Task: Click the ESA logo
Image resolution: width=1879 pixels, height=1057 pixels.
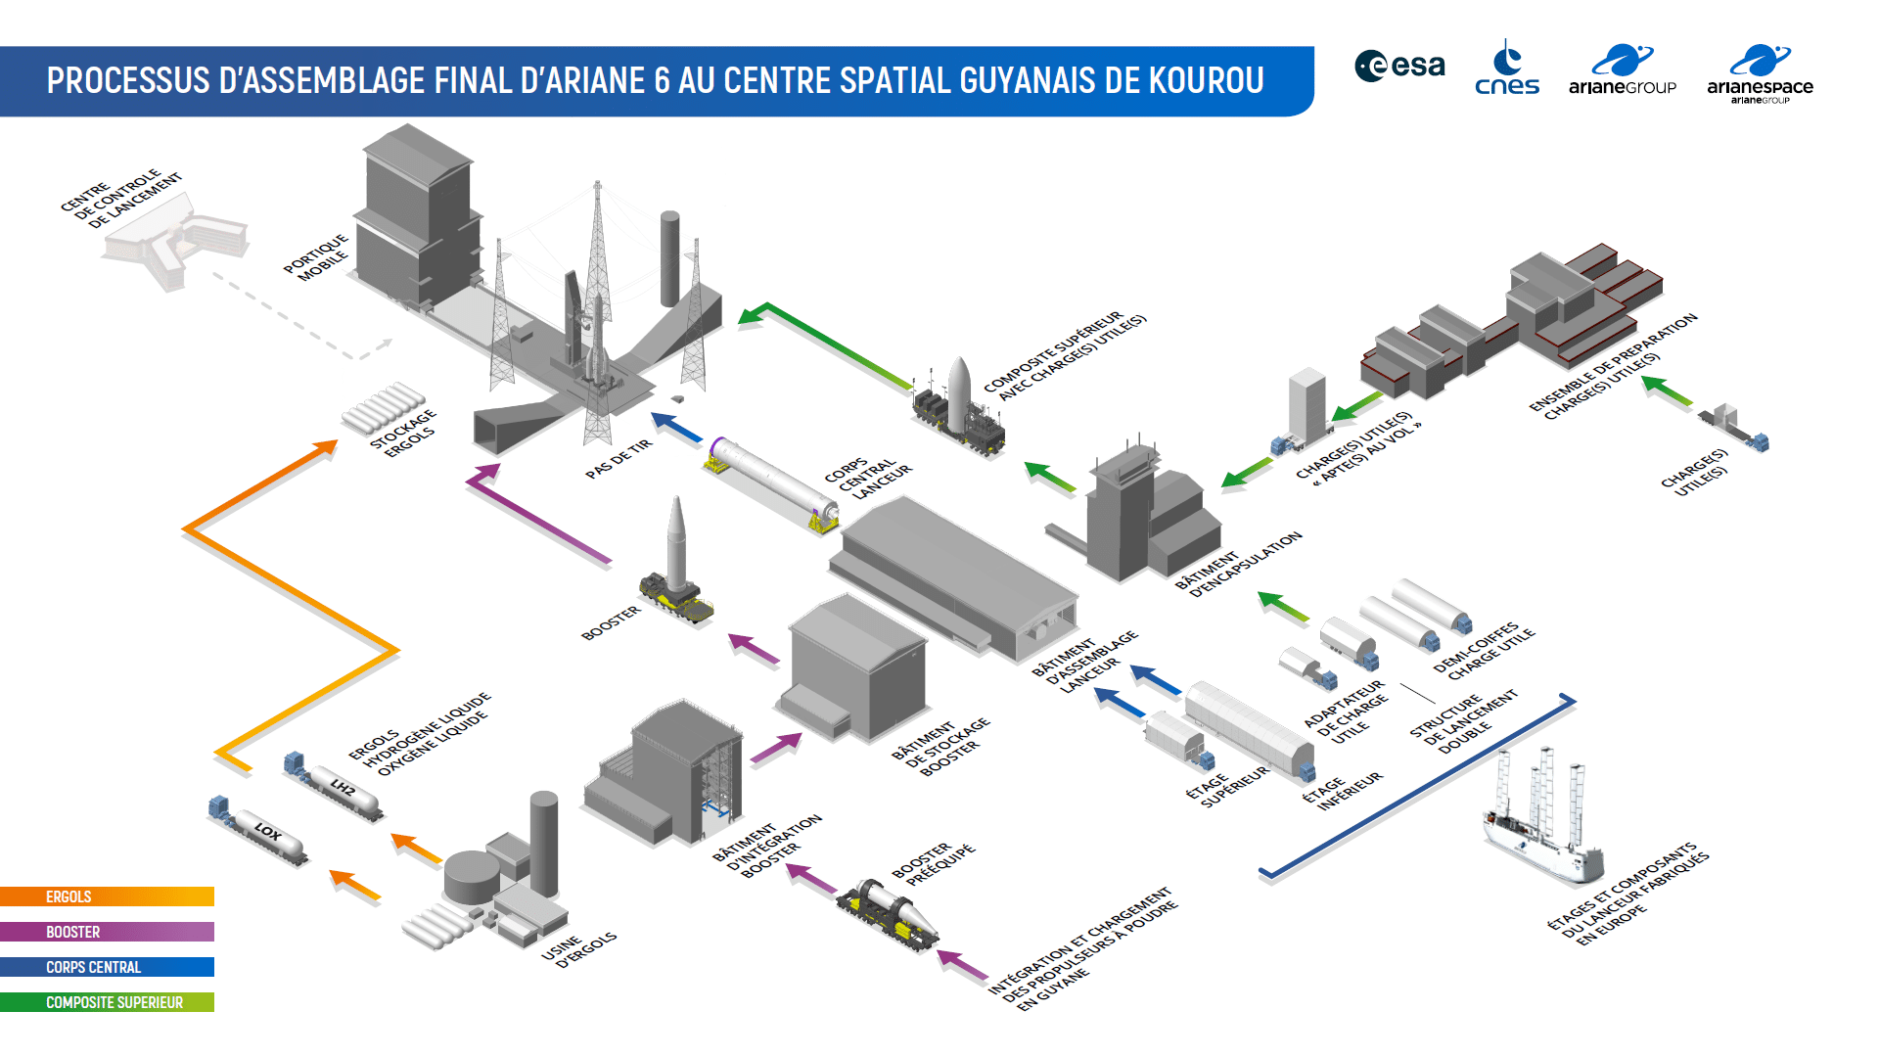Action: tap(1399, 66)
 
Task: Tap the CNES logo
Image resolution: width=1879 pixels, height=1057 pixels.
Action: tap(1507, 67)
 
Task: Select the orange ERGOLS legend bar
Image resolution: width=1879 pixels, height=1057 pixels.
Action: tap(107, 896)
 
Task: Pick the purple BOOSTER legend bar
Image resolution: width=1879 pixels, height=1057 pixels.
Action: tap(107, 932)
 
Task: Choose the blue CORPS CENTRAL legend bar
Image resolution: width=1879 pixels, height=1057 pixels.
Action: tap(107, 967)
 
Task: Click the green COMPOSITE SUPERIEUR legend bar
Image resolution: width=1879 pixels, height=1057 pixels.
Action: tap(107, 1002)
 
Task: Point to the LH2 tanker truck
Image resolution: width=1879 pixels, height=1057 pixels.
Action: tap(334, 786)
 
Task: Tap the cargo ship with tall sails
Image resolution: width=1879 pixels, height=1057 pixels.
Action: tap(1541, 817)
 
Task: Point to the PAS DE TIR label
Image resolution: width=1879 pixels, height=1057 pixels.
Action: tap(619, 458)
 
